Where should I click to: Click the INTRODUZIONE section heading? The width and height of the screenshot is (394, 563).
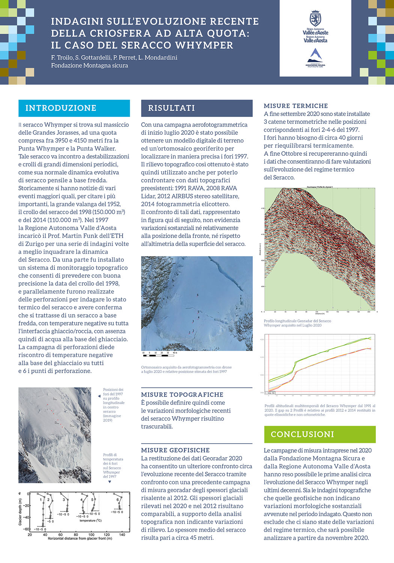tap(61, 108)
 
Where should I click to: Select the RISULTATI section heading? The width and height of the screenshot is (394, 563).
tap(171, 108)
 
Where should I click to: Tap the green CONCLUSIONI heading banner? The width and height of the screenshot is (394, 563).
tap(302, 434)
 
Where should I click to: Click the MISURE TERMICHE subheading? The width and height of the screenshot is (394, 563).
tap(296, 106)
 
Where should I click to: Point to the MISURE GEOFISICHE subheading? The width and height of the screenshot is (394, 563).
tap(175, 450)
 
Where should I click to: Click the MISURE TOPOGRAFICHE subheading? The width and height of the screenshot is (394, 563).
tap(182, 394)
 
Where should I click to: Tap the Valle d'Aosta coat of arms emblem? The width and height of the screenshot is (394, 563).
tap(315, 18)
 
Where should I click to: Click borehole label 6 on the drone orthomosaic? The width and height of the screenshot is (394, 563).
tap(198, 295)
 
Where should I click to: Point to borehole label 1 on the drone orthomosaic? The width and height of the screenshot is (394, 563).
tap(189, 333)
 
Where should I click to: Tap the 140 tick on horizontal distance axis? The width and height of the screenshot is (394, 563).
tap(122, 534)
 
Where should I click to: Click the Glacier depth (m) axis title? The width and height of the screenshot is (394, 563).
tap(20, 512)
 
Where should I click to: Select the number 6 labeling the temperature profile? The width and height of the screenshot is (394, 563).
tap(117, 500)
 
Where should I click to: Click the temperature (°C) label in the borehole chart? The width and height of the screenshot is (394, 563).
tap(90, 521)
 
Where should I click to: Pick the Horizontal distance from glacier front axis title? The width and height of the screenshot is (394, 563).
tap(80, 539)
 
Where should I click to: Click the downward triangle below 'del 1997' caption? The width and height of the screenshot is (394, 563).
tap(110, 482)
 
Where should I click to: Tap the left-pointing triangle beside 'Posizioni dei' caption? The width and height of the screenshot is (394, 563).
tap(99, 396)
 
